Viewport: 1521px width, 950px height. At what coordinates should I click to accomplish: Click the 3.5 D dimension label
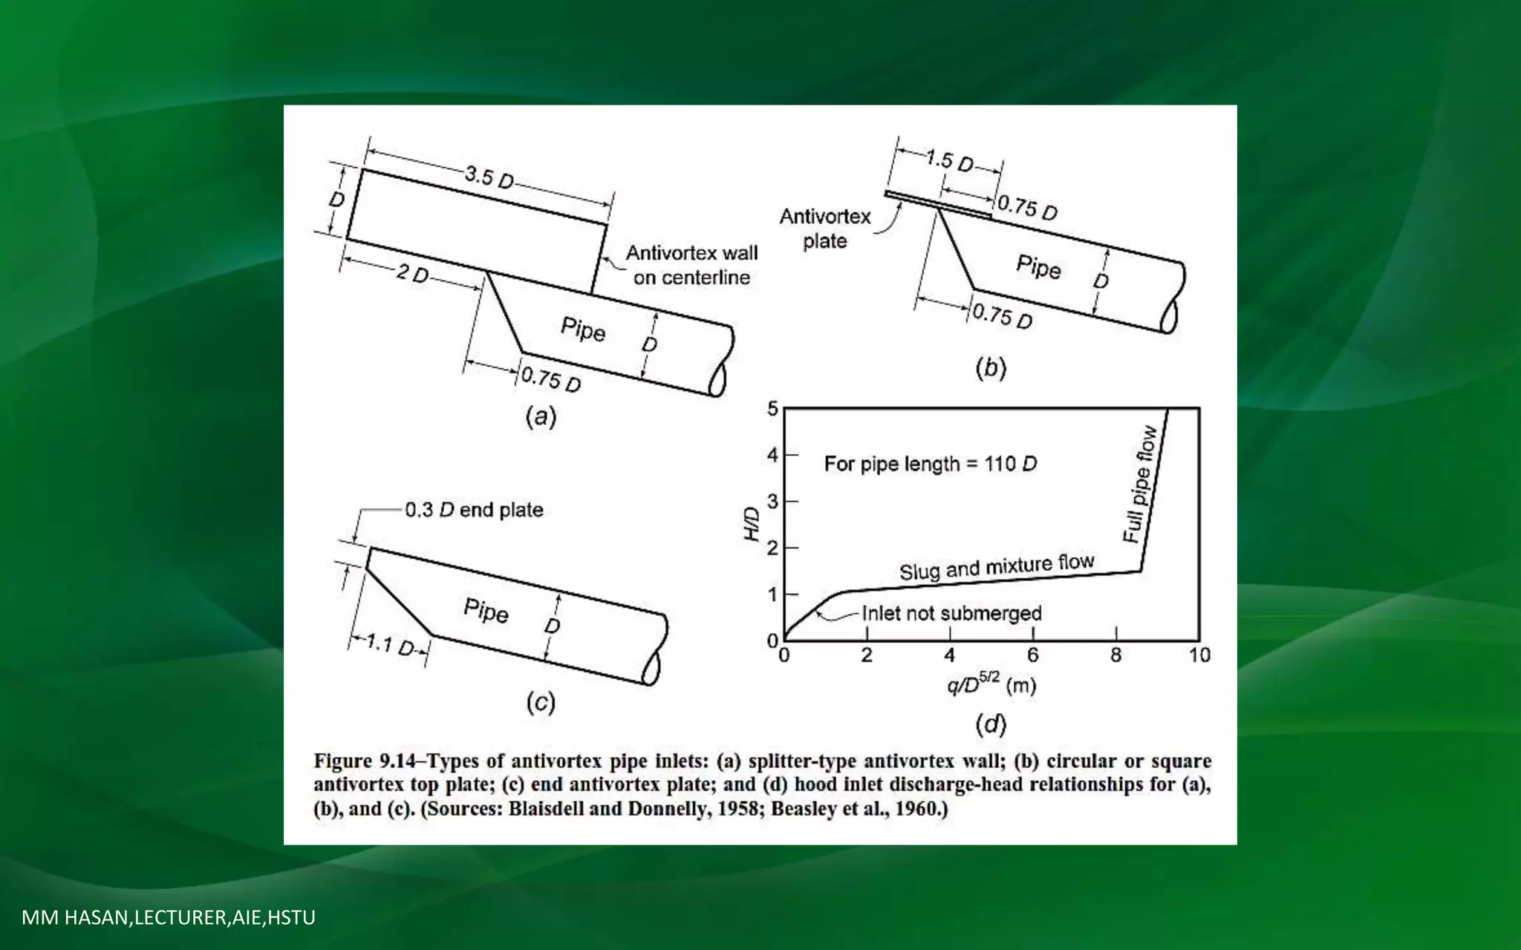coord(489,177)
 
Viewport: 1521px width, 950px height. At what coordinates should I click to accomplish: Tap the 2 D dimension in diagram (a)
coord(412,274)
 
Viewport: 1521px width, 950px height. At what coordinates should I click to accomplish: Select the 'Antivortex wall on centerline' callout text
coord(691,265)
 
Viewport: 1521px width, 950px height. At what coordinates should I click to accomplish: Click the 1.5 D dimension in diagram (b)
coord(950,160)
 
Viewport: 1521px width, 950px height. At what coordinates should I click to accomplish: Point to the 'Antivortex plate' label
coord(824,229)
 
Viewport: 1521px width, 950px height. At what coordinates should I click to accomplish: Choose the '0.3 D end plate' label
coord(474,510)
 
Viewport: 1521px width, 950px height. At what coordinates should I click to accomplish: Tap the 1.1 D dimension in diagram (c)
coord(390,645)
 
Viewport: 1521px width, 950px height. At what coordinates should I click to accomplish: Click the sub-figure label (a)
coord(541,416)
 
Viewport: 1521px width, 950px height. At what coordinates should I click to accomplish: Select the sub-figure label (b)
coord(991,368)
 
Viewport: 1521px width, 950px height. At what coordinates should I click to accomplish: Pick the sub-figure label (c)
coord(541,702)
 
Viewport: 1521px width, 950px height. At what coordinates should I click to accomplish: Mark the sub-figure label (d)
coord(991,724)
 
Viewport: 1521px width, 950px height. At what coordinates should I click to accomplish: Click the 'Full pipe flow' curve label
coord(1140,484)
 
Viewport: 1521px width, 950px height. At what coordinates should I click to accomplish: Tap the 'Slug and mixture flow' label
coord(997,567)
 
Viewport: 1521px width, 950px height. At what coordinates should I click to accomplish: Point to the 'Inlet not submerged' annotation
coord(951,613)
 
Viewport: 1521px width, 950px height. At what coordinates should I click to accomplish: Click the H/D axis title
coord(752,524)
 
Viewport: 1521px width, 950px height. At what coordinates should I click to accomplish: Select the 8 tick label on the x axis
coord(1115,655)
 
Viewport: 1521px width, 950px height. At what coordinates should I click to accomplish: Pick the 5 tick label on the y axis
coord(772,409)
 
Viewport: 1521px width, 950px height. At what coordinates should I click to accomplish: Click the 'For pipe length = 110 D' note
coord(930,464)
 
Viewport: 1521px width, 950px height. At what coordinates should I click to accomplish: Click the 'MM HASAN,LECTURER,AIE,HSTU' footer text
coord(169,917)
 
